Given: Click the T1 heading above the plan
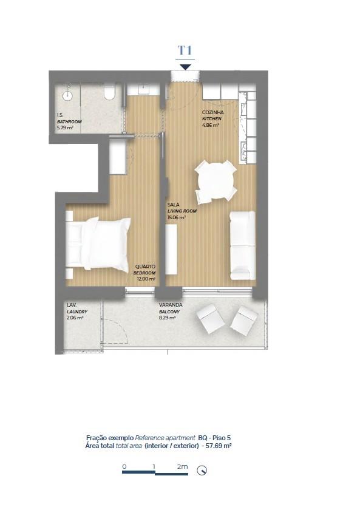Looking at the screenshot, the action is [x=185, y=50].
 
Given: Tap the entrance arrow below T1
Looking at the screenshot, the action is [x=185, y=67].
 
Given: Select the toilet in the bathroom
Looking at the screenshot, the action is [x=109, y=91].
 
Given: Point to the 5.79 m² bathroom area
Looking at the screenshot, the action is [x=65, y=128].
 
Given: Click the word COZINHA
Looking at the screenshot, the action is [x=212, y=112].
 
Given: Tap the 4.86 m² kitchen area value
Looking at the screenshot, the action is [x=211, y=125].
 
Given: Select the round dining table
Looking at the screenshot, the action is [x=216, y=182].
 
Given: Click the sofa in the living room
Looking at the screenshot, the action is [x=243, y=245].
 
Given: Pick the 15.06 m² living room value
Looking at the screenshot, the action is [x=177, y=217].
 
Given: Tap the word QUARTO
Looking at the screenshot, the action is [x=145, y=267].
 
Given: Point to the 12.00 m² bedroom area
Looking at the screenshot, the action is [x=146, y=279].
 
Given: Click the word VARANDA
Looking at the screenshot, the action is [x=171, y=305].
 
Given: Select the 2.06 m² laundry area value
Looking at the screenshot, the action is [x=75, y=318].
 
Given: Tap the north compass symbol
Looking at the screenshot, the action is [x=202, y=471].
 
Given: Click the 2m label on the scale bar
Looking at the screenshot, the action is [x=183, y=466].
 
